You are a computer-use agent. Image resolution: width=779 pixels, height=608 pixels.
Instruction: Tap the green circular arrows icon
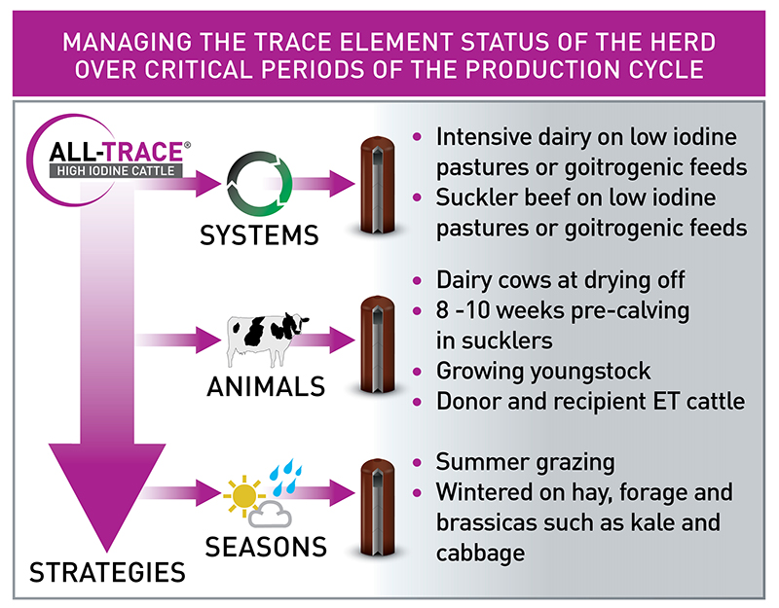[x=259, y=182]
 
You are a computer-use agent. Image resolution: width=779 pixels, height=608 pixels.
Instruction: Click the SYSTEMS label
[x=260, y=235]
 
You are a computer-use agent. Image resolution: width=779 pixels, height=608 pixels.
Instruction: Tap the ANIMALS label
[x=265, y=386]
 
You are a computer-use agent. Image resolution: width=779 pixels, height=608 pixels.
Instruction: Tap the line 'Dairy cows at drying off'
[x=561, y=281]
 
